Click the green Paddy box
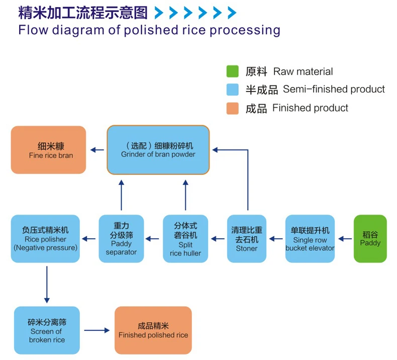(370, 238)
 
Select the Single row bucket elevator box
(310, 238)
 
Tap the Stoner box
(246, 238)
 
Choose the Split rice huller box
(182, 238)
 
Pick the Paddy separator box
(121, 238)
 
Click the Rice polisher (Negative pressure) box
(46, 238)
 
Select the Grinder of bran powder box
(158, 150)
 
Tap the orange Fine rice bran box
(49, 150)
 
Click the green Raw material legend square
(232, 71)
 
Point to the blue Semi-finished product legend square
(232, 89)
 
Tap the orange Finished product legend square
(232, 108)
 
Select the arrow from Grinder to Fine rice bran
(97, 150)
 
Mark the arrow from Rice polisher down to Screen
(47, 284)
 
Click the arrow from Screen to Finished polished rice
(96, 330)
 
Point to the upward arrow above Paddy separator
(121, 195)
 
